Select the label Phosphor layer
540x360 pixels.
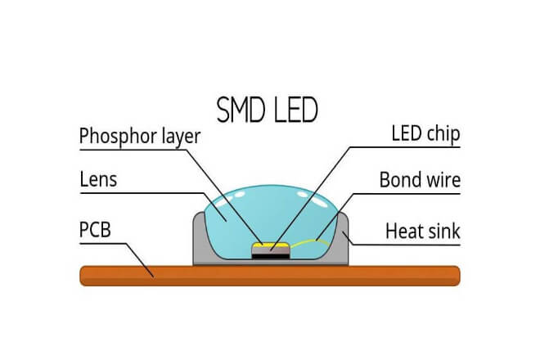click(x=140, y=137)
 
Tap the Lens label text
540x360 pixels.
click(x=99, y=178)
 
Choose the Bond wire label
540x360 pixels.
click(x=420, y=179)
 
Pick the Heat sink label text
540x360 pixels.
click(x=422, y=232)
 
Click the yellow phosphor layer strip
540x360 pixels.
click(x=269, y=245)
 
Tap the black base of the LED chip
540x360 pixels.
click(x=269, y=256)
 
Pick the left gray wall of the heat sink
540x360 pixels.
click(x=199, y=241)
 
